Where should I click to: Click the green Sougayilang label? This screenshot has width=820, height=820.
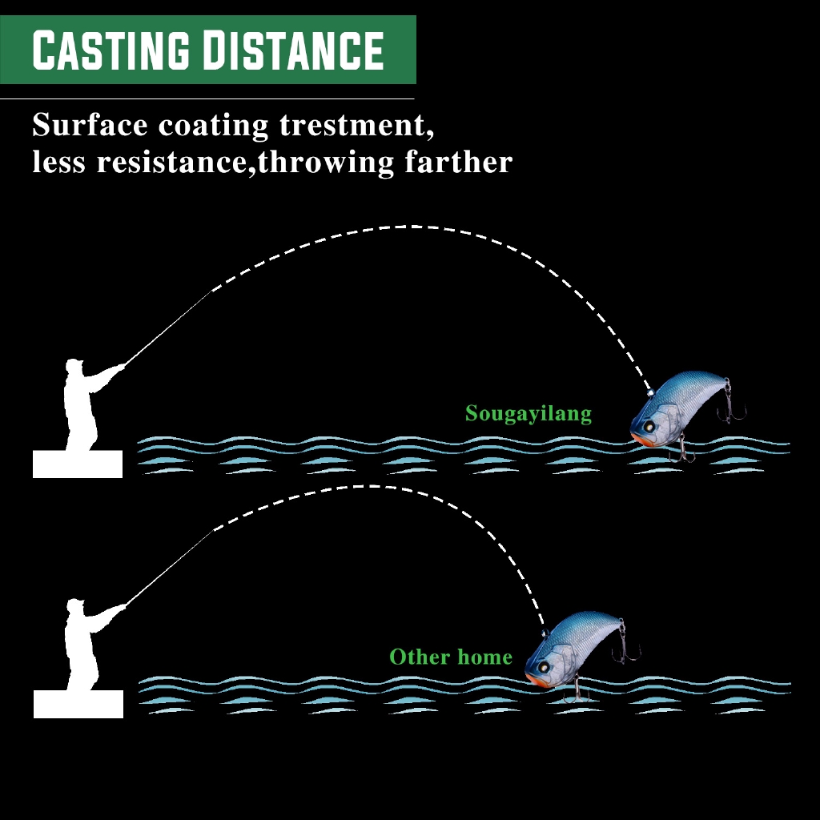[529, 414]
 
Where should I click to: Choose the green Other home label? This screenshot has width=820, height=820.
[450, 657]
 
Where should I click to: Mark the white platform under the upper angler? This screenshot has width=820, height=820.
[78, 464]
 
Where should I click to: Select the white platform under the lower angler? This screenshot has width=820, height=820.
[78, 704]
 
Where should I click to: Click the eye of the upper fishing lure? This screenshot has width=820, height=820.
[649, 417]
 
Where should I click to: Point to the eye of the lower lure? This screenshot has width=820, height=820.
[545, 666]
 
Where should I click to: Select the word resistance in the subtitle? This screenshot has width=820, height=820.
[170, 162]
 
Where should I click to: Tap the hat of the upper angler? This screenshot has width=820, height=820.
[74, 364]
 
